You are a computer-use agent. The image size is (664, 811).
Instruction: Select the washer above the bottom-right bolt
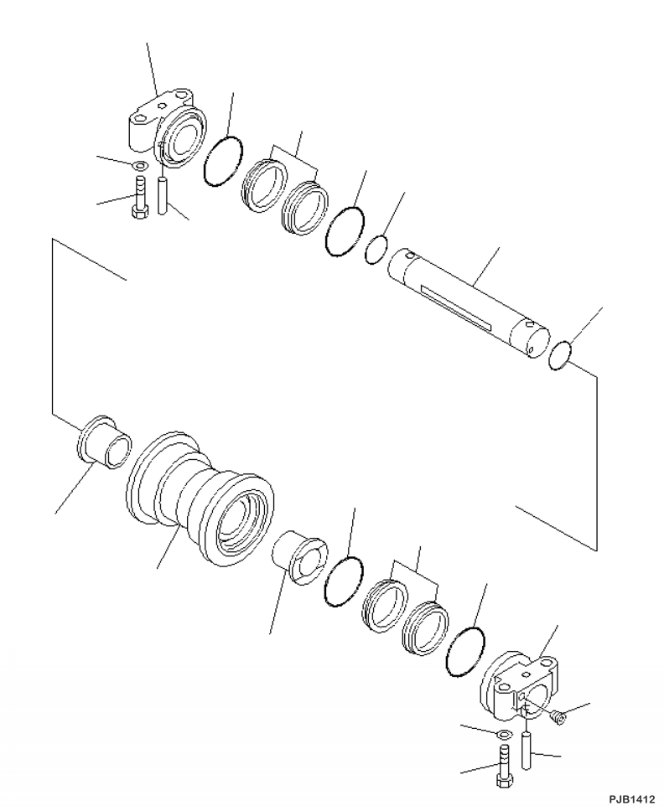[x=503, y=736]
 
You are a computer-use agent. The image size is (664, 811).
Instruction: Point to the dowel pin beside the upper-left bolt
[x=163, y=192]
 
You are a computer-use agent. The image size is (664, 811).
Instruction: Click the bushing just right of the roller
[x=297, y=552]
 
